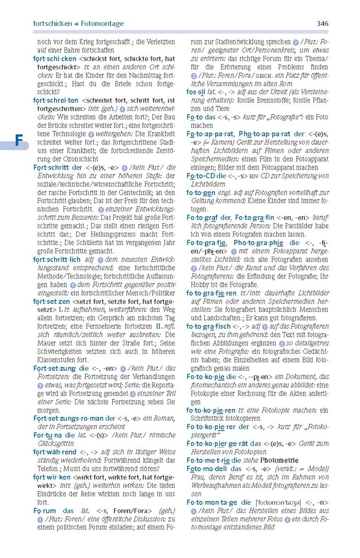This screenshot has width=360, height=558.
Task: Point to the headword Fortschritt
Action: [51, 167]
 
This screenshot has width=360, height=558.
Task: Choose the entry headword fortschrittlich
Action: [56, 259]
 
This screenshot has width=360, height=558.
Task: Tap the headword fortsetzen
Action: [51, 301]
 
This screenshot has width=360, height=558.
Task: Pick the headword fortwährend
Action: [54, 452]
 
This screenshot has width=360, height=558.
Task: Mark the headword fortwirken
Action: [51, 477]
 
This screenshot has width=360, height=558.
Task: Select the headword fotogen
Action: [200, 192]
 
